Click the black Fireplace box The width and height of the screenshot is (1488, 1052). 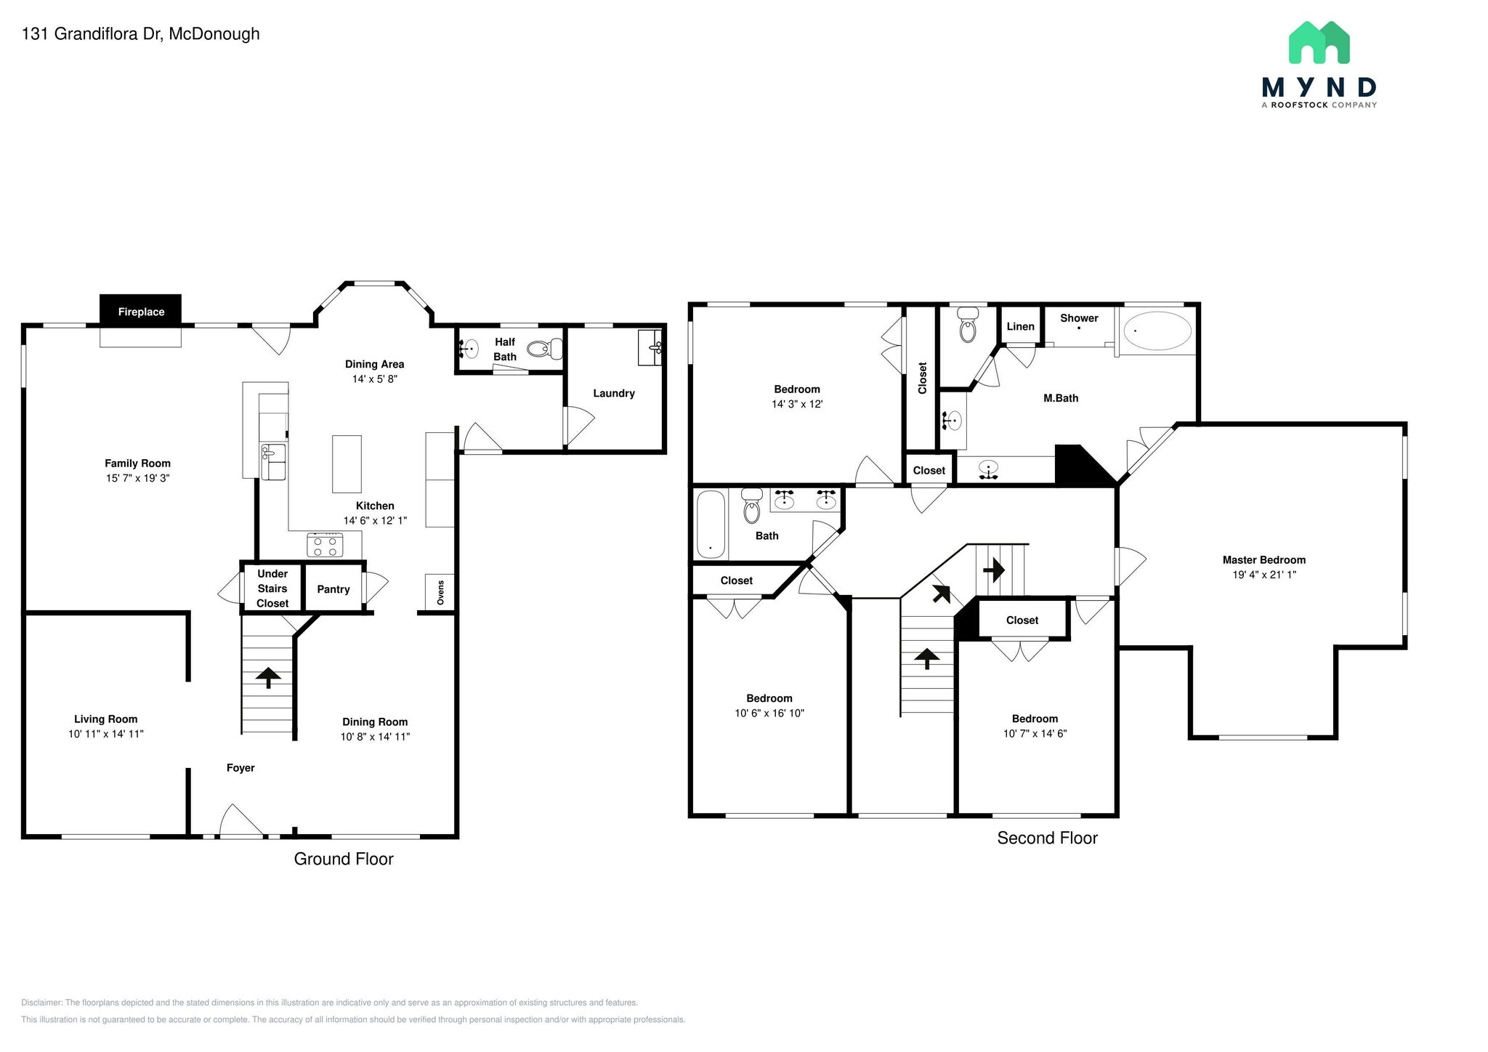[140, 311]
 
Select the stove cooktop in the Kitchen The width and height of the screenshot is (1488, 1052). [325, 545]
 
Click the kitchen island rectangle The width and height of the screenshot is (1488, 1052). [347, 464]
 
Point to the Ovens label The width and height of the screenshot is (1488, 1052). [440, 592]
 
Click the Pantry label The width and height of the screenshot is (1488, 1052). [333, 589]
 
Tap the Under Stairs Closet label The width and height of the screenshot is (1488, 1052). [272, 588]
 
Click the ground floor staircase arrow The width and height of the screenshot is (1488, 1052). [269, 678]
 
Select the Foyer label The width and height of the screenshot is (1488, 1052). [240, 768]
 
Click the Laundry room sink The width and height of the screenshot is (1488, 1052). [650, 347]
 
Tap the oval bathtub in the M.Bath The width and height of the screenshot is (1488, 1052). [1157, 332]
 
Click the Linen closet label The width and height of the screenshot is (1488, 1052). [1020, 326]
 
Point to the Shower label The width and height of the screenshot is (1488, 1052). [1079, 317]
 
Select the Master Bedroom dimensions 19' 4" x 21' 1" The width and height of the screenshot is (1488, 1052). [1264, 574]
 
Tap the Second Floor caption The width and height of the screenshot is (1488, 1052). [1047, 838]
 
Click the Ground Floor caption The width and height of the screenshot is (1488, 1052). [344, 859]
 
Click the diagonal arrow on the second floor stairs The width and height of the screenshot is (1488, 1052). [941, 594]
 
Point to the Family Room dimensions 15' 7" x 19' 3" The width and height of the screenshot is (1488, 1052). [137, 478]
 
